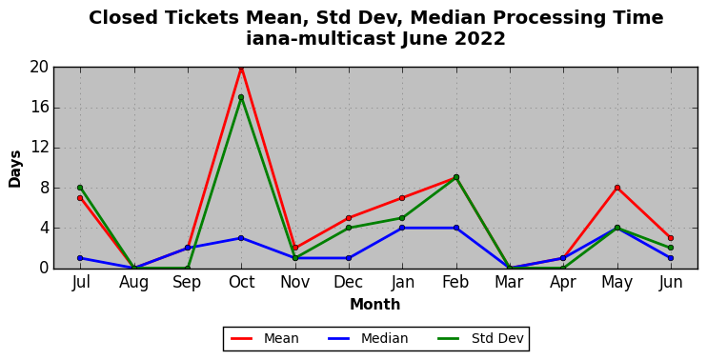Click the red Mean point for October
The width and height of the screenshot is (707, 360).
[241, 68]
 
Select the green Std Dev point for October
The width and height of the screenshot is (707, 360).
[241, 97]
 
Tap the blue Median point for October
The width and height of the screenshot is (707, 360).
[241, 238]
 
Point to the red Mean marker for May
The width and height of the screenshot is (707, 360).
[617, 188]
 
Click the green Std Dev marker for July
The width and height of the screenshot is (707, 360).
[80, 188]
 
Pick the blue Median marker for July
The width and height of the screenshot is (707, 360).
[80, 258]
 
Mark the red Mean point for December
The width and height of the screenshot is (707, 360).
[349, 218]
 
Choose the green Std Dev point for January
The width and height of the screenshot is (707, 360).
[402, 218]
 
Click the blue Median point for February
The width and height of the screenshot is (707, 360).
[456, 228]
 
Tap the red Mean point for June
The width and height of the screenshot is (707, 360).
[671, 238]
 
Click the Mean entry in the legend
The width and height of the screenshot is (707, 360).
[265, 338]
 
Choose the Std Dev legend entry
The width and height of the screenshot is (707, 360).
[481, 338]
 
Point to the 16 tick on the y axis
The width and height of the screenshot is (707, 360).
[39, 108]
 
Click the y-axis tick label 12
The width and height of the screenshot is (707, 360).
[39, 148]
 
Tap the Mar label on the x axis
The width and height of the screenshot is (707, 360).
[510, 282]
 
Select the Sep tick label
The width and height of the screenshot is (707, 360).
[187, 283]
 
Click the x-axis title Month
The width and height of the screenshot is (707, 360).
[375, 305]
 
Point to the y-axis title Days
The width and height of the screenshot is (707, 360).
[15, 169]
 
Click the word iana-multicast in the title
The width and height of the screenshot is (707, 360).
[321, 39]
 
